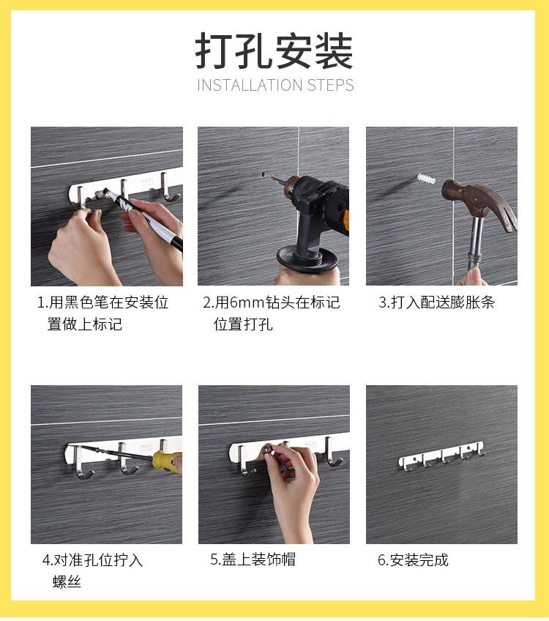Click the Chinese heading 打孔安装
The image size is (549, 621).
pyautogui.click(x=274, y=51)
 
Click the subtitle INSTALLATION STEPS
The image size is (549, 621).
pyautogui.click(x=275, y=85)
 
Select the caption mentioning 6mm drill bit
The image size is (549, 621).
pyautogui.click(x=272, y=313)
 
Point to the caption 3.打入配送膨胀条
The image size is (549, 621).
pyautogui.click(x=437, y=302)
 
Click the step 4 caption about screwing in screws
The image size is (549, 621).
pyautogui.click(x=92, y=570)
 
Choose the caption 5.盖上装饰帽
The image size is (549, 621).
pyautogui.click(x=253, y=559)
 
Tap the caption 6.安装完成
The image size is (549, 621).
pyautogui.click(x=413, y=560)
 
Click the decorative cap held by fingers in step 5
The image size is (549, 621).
pyautogui.click(x=269, y=454)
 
